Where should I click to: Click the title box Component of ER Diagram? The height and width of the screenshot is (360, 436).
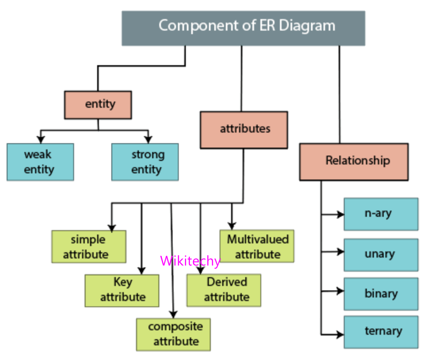tap(243, 28)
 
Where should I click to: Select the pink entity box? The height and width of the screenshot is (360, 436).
tap(98, 105)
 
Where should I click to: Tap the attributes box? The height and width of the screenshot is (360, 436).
tap(244, 129)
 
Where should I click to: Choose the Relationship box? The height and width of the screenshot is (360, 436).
tap(354, 161)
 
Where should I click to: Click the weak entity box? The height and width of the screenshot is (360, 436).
tap(40, 162)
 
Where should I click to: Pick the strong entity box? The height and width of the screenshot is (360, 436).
tap(145, 162)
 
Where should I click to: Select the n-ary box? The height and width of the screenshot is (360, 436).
tap(381, 214)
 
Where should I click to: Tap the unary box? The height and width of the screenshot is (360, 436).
tap(381, 255)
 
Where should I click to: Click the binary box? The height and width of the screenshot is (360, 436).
tap(381, 294)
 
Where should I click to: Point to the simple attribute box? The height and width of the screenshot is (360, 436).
tap(88, 247)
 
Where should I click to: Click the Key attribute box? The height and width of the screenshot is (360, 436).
tap(122, 290)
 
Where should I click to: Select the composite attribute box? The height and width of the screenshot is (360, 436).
tap(173, 334)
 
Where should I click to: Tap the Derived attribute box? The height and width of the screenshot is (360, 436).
tap(224, 290)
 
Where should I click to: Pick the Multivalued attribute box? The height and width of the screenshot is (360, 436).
tap(257, 246)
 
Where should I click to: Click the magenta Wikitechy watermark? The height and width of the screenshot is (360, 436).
tap(190, 261)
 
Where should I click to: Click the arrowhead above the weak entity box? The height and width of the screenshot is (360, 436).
tap(41, 138)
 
